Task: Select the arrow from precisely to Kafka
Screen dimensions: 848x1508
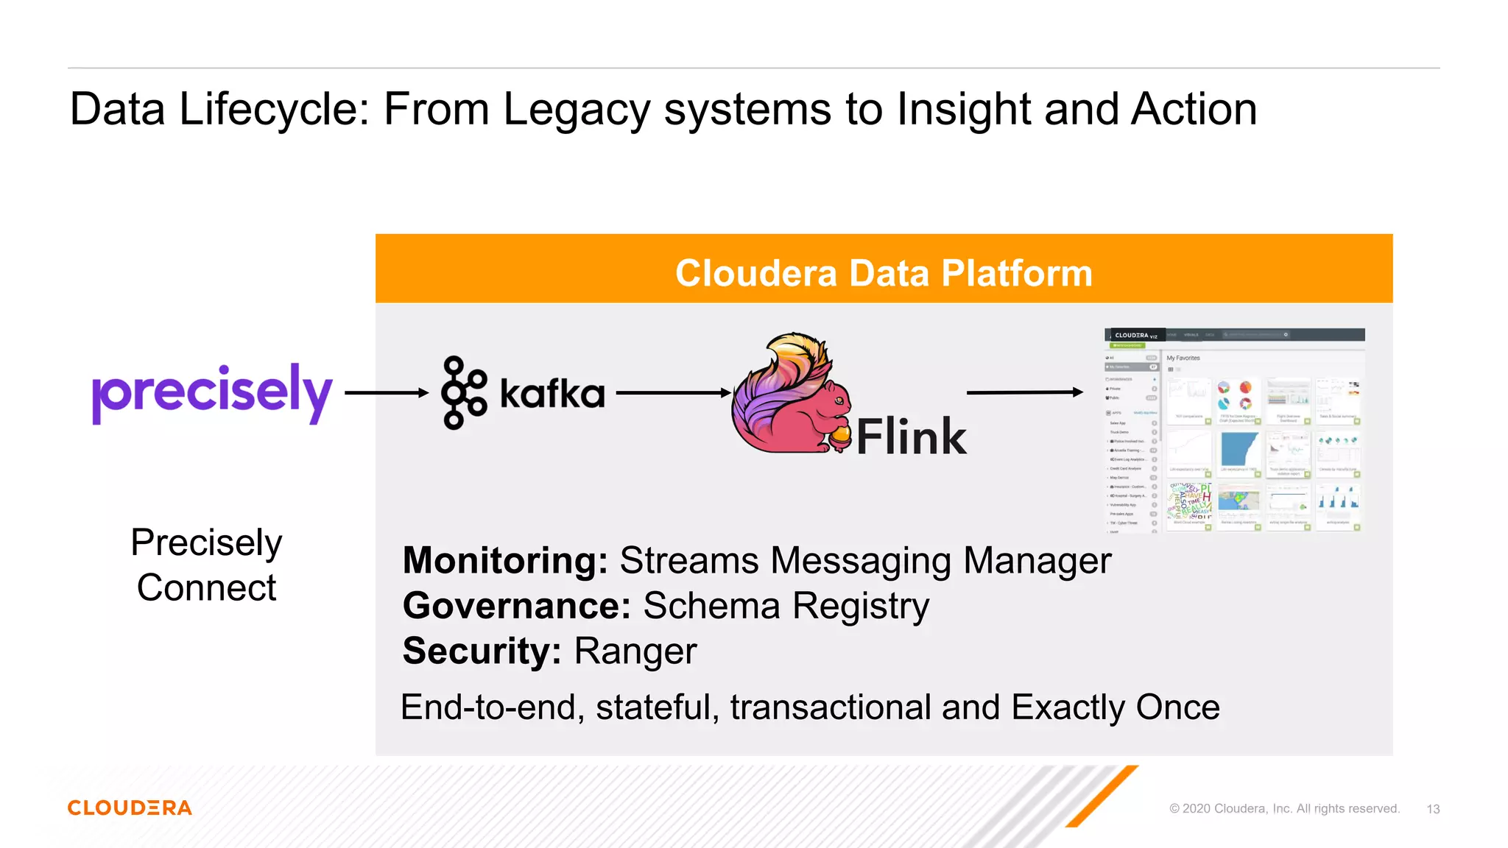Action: tap(386, 393)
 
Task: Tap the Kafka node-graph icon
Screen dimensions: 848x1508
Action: tap(464, 392)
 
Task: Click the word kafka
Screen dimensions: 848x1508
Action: tap(552, 393)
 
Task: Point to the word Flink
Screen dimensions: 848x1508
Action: tap(911, 437)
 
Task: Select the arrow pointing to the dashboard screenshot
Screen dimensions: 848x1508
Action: tap(1024, 392)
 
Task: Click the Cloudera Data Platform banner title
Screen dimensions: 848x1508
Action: tap(884, 273)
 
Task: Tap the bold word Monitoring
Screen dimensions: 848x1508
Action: tap(505, 561)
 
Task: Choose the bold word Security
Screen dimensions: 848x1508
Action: tap(482, 651)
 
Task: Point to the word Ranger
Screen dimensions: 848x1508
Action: tap(635, 651)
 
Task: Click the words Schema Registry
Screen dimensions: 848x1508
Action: tap(786, 606)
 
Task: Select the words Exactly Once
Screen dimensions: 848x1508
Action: tap(1115, 707)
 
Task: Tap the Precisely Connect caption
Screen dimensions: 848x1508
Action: tap(206, 565)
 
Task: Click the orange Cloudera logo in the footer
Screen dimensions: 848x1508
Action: tap(130, 808)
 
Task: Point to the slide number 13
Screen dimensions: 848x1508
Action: tap(1433, 809)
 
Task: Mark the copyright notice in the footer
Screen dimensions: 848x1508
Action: tap(1284, 808)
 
